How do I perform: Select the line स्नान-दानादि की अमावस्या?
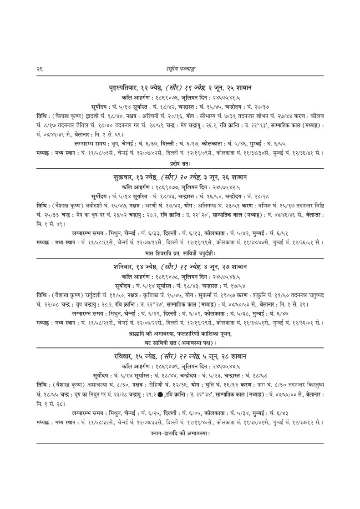tap(180, 433)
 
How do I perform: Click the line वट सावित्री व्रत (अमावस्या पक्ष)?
tap(180, 343)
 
